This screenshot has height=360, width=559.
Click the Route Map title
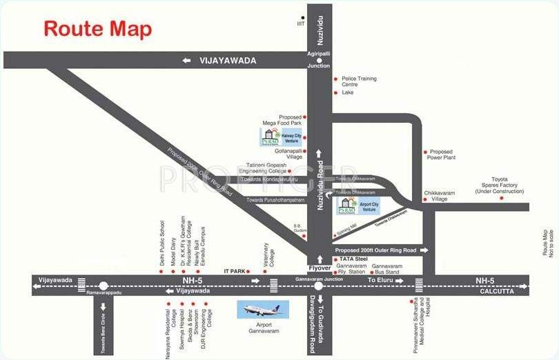pyautogui.click(x=98, y=30)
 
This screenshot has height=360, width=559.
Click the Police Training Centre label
pyautogui.click(x=359, y=81)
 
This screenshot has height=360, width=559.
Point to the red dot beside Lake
pyautogui.click(x=335, y=92)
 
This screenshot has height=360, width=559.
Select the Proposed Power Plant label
pyautogui.click(x=441, y=154)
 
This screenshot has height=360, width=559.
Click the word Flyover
pyautogui.click(x=320, y=268)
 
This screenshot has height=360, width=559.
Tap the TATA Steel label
pyautogui.click(x=353, y=259)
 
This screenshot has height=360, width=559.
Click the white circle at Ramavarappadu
pyautogui.click(x=103, y=285)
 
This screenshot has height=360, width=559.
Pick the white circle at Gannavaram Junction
pyautogui.click(x=318, y=285)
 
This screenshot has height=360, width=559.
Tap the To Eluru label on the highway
pyautogui.click(x=382, y=281)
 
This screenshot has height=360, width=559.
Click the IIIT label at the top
pyautogui.click(x=301, y=23)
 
